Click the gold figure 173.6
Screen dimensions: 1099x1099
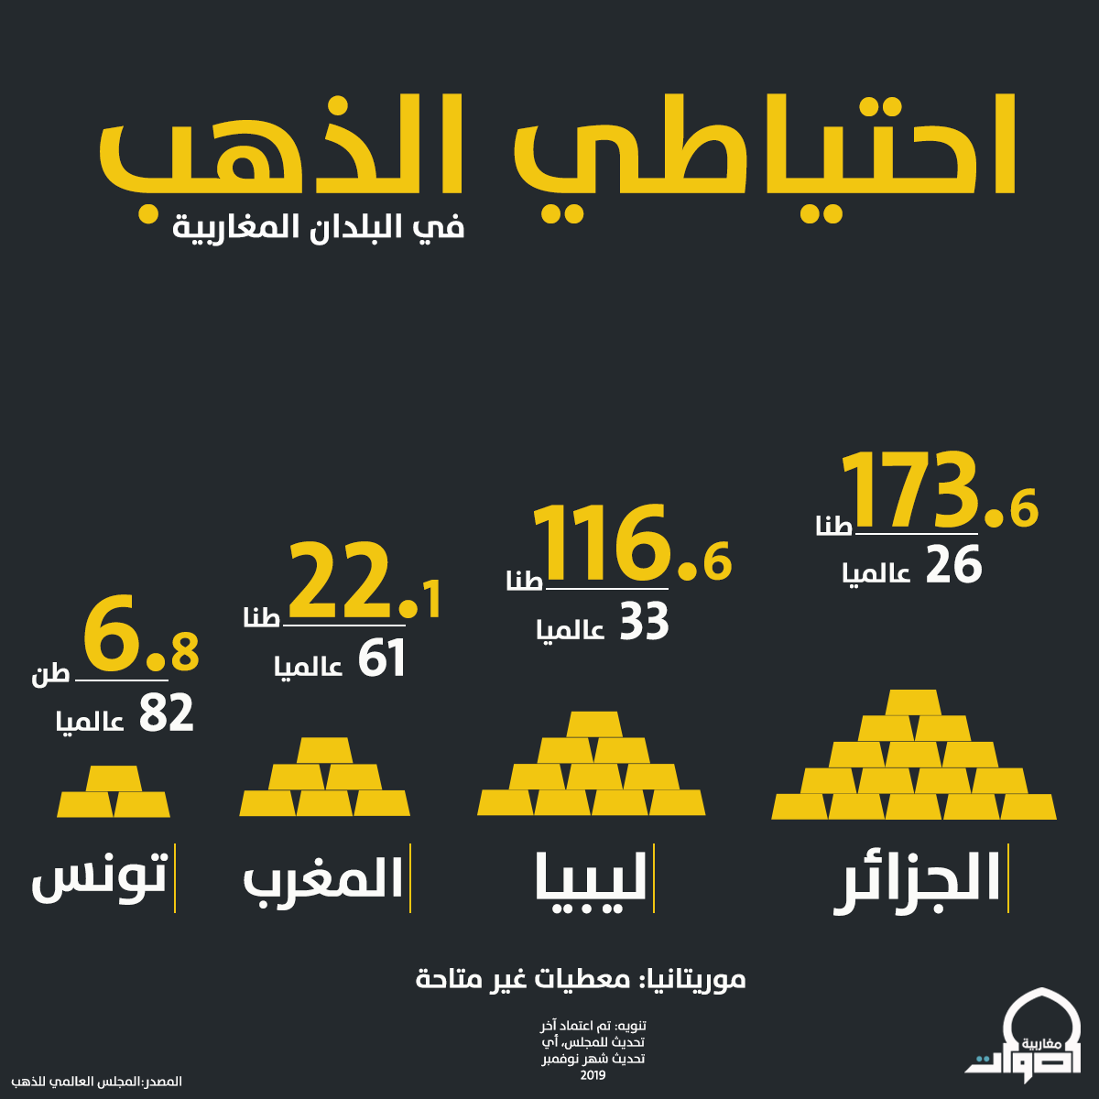tap(940, 491)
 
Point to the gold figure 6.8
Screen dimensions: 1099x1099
tap(141, 634)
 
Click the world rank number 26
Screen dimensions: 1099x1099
tap(953, 565)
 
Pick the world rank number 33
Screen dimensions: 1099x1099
tap(645, 622)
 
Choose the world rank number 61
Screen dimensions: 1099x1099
tap(382, 658)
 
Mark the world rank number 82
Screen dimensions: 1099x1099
tap(167, 713)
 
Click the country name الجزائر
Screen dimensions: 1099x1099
tap(917, 884)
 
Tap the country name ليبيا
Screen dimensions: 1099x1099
tap(591, 884)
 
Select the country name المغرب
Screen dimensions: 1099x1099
tap(323, 882)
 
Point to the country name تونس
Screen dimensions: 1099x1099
tap(99, 878)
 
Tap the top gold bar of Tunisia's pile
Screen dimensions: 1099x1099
tap(114, 778)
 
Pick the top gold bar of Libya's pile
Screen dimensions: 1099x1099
tap(594, 724)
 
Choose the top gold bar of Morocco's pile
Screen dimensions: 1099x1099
tap(324, 751)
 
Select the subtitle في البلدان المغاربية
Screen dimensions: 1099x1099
tap(318, 227)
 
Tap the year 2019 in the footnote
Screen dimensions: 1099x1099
tap(593, 1075)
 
